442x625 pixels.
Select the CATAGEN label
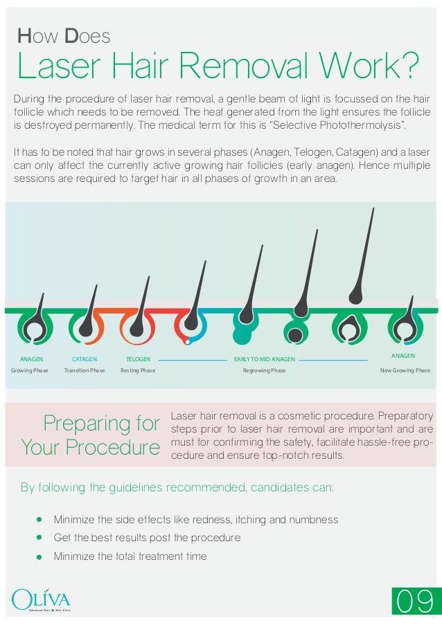point(85,359)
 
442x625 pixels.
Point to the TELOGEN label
point(138,359)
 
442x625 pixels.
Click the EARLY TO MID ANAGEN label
point(265,359)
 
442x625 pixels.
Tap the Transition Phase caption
point(85,371)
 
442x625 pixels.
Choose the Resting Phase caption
point(138,371)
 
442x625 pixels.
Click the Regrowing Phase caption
point(264,371)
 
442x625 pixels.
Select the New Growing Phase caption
point(405,371)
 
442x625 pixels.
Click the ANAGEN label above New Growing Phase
point(403,355)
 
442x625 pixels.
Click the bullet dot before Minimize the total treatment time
point(39,556)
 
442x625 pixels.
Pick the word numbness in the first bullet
point(315,519)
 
